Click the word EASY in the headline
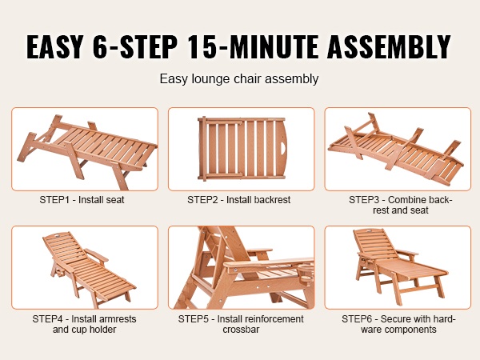tap(55, 46)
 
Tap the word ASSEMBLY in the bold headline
tap(389, 46)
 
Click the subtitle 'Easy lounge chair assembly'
tap(239, 79)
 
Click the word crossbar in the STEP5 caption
tap(241, 330)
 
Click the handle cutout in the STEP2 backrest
tap(283, 147)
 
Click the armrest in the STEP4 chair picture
tap(97, 255)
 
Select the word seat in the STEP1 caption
tap(117, 200)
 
